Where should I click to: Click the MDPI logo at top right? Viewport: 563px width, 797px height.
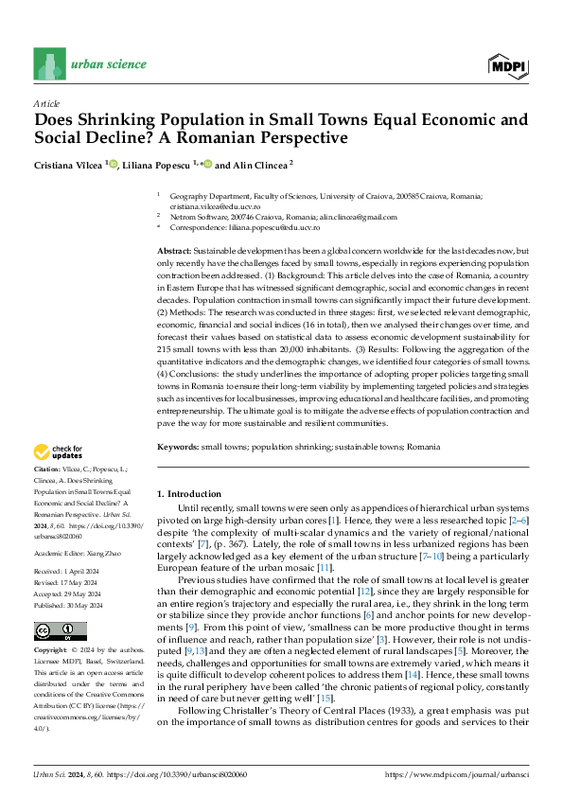coord(507,64)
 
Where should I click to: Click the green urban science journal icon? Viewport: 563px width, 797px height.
coord(49,64)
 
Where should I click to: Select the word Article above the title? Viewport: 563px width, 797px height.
coord(46,103)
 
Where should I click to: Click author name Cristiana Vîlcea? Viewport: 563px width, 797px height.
coord(69,165)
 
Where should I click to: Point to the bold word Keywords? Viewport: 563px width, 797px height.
coord(176,446)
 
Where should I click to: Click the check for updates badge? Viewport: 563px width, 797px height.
coord(60,452)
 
